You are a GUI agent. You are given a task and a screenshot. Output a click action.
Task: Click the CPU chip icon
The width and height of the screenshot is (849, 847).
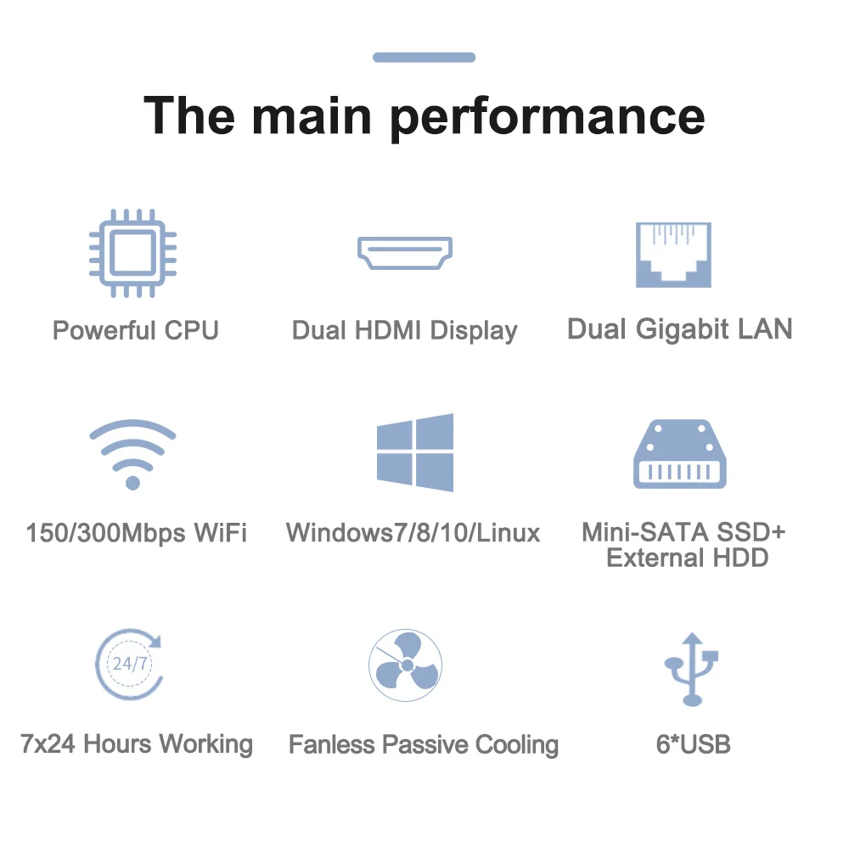coord(132,252)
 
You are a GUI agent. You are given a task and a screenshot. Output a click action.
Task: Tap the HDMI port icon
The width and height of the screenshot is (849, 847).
coord(404,252)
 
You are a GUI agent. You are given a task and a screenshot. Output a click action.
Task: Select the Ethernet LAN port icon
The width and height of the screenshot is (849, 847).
coord(673,255)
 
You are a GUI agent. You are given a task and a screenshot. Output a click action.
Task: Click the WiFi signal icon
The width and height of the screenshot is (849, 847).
coord(132,454)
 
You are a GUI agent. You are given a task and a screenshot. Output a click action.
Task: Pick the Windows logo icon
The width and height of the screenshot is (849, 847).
coord(414,452)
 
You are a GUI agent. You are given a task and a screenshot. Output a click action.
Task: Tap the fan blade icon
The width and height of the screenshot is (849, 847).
coord(405,665)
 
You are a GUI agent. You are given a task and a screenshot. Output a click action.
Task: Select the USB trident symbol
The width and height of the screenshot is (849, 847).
coord(691,668)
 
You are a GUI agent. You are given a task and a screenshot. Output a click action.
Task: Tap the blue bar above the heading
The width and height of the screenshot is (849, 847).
coord(424,57)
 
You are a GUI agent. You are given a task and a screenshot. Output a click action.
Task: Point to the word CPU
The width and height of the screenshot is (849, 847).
coord(192,329)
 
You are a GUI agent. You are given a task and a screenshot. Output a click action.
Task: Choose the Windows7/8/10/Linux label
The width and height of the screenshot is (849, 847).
coord(413,533)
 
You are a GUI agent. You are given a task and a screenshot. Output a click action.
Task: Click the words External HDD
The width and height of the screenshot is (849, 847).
coord(687,558)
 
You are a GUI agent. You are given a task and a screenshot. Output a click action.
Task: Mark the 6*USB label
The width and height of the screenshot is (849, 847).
coord(693,744)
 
